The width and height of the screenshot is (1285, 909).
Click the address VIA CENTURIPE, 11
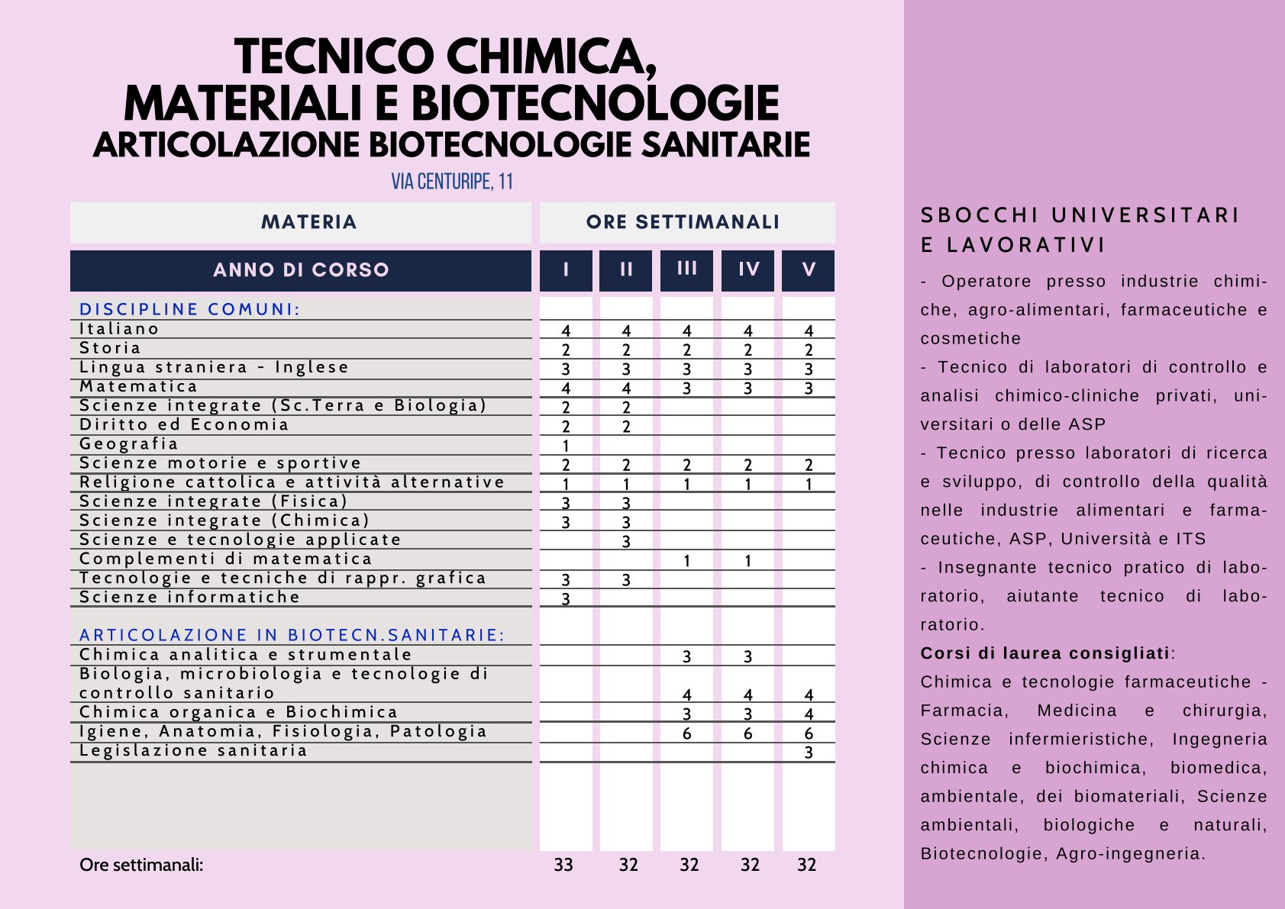[452, 182]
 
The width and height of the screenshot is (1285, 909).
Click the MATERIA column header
[308, 222]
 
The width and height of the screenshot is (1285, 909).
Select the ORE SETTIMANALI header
[683, 222]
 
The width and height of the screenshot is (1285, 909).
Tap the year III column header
[686, 269]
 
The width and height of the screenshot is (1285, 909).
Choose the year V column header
[809, 269]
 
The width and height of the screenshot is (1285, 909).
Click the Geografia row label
[129, 444]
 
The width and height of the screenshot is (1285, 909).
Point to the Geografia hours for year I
[566, 446]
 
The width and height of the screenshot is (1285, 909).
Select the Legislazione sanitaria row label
[193, 751]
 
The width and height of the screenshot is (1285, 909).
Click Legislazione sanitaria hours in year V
[809, 753]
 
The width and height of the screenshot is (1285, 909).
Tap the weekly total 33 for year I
[563, 865]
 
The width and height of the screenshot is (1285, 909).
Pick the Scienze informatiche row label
[189, 598]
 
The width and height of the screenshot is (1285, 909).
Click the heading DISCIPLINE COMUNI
[189, 309]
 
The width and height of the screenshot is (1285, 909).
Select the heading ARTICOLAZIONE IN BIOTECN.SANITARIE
[292, 635]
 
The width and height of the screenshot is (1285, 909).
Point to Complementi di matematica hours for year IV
[747, 561]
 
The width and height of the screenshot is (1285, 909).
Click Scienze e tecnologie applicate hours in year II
[626, 542]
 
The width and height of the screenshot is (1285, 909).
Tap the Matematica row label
[138, 387]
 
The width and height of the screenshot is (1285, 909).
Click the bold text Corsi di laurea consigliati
[1044, 653]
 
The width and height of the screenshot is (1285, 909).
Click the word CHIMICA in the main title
[549, 57]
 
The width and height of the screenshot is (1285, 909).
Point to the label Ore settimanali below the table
[141, 865]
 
